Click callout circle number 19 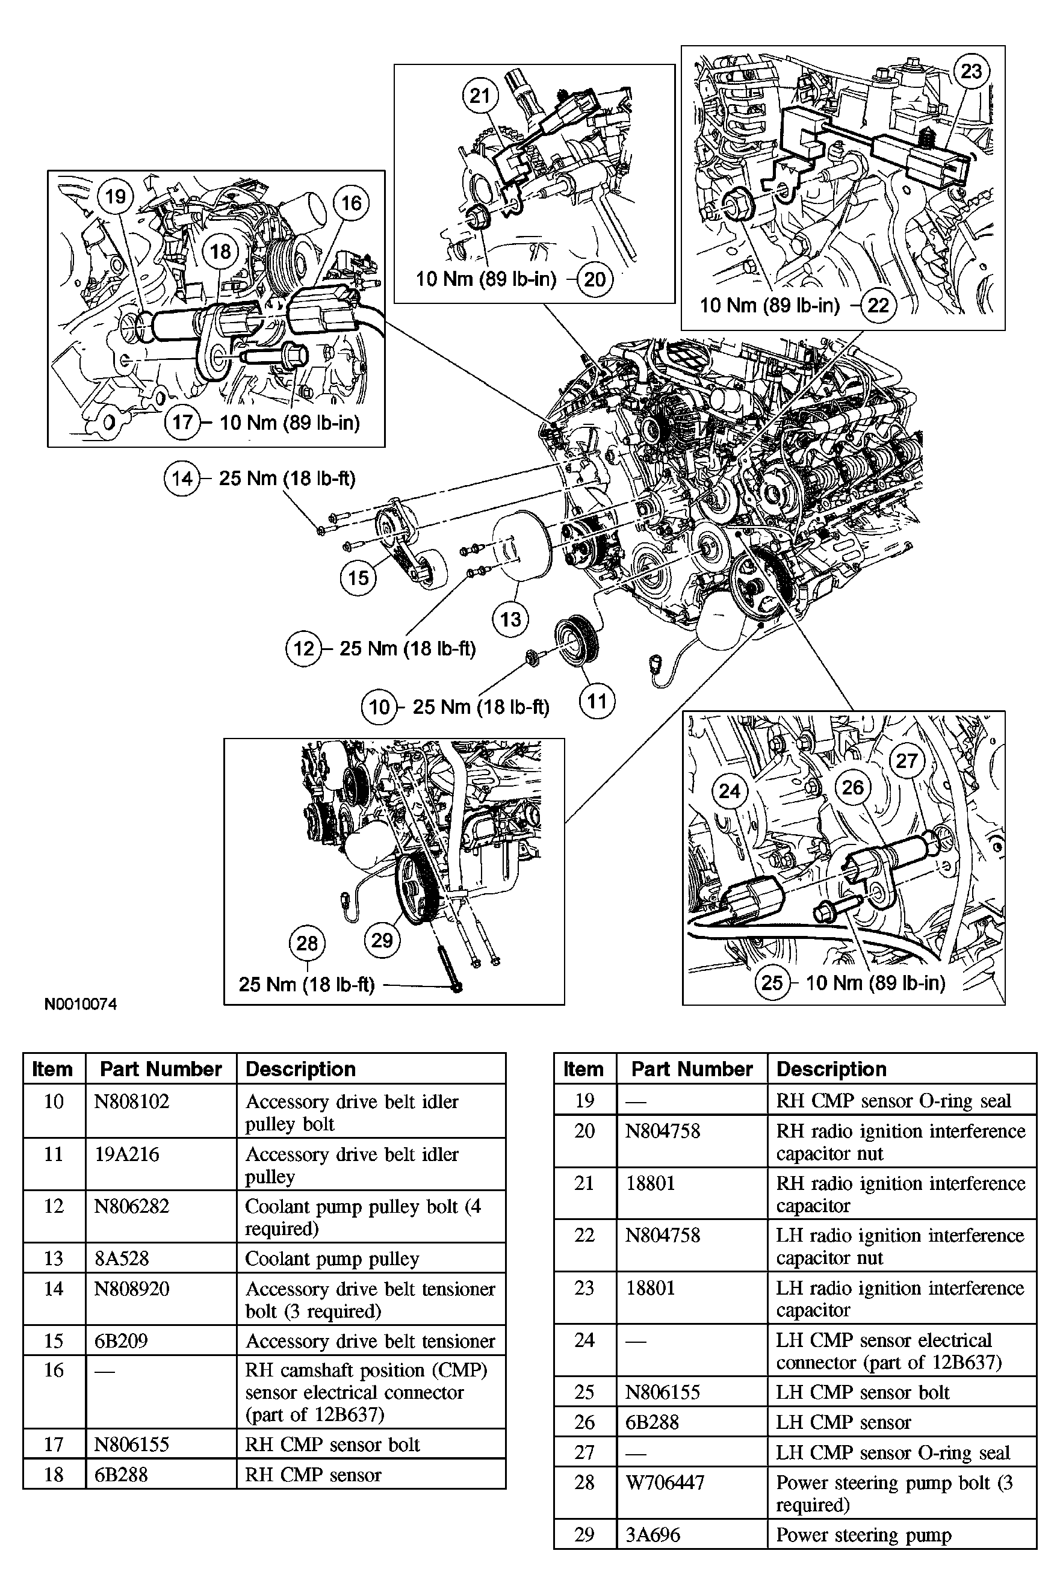(116, 197)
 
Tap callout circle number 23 (972, 71)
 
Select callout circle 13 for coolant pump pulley (510, 619)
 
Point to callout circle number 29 (382, 940)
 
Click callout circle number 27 (907, 761)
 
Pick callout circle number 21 (480, 95)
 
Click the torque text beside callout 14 (287, 478)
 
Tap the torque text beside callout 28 (306, 984)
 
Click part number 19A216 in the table (127, 1154)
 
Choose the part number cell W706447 (665, 1482)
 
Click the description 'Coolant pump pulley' (332, 1259)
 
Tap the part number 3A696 (652, 1534)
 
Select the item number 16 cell (54, 1370)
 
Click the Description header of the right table (831, 1068)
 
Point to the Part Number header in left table (161, 1068)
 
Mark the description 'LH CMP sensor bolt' (863, 1392)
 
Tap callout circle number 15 (358, 577)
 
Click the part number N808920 (131, 1288)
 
